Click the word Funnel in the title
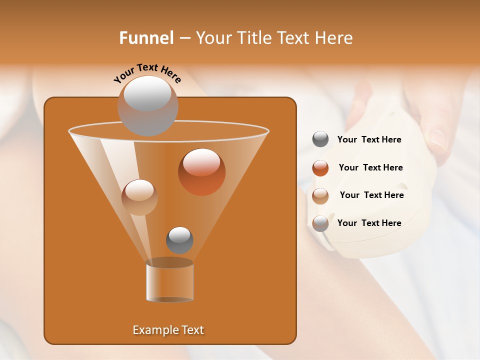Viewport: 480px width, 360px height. coord(146,38)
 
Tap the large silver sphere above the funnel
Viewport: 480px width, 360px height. coord(147,105)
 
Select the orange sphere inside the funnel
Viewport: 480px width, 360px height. coord(201,172)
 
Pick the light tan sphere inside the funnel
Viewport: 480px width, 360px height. coord(139,197)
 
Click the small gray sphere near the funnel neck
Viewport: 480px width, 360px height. coord(179,240)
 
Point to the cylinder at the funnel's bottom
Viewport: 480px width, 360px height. coord(169,282)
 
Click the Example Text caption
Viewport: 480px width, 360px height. coord(168,330)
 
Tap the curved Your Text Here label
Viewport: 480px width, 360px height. coord(146,72)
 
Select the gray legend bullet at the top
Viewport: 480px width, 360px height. coord(320,139)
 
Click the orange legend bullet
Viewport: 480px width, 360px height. coord(320,168)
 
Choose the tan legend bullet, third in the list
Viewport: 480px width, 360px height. coord(320,195)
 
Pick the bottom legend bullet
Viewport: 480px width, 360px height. coord(320,223)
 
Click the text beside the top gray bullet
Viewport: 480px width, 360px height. coord(369,140)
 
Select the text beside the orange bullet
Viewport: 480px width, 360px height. coord(370,168)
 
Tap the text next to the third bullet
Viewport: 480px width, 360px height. coord(371,195)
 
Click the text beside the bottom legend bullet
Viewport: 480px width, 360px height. coord(369,223)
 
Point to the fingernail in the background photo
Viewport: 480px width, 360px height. coord(438,139)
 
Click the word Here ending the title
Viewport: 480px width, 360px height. coord(336,38)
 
